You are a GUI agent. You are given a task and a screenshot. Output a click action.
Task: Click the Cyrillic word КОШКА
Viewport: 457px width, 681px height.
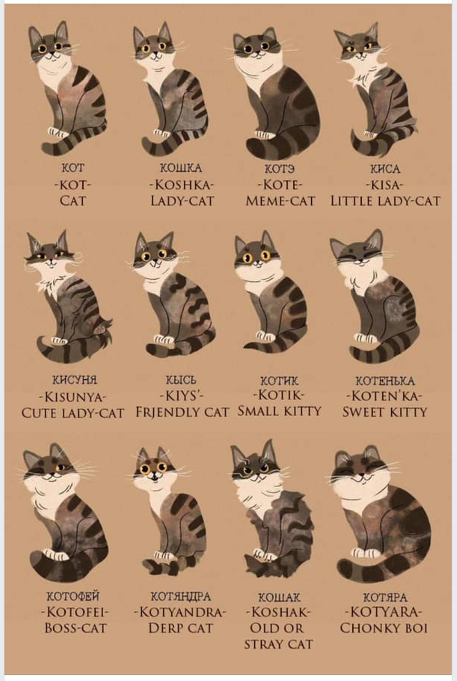(x=181, y=168)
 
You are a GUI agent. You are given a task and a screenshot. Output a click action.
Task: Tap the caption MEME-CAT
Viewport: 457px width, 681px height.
(x=280, y=201)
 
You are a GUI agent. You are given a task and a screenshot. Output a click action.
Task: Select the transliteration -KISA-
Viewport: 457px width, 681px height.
(x=385, y=185)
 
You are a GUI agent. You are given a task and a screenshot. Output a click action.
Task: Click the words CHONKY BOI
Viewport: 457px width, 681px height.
(x=384, y=628)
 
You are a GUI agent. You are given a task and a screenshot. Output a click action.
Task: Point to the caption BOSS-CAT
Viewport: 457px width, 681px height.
(x=76, y=628)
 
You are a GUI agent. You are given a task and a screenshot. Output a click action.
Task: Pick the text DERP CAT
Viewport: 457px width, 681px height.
(x=181, y=628)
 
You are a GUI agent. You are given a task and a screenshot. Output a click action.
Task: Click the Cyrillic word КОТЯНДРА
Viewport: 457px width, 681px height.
(x=181, y=596)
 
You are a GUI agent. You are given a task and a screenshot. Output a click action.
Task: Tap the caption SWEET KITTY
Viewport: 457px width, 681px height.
(x=385, y=412)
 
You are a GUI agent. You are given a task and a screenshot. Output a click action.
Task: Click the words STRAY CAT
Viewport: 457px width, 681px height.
(x=279, y=644)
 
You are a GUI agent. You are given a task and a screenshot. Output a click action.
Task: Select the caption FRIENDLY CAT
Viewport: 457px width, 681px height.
(x=182, y=412)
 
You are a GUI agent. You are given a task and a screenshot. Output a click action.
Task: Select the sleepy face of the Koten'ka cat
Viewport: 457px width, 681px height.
(x=358, y=260)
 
